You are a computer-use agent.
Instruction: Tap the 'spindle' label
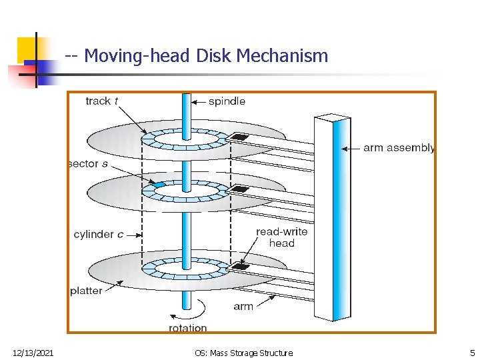227,101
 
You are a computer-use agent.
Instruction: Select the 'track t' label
102,101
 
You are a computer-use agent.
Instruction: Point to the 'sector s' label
88,163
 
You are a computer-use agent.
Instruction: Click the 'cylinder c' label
99,235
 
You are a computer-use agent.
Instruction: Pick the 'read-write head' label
281,237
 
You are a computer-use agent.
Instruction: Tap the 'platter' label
87,291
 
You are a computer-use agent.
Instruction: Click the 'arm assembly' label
399,148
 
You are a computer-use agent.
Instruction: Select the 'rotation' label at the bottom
188,327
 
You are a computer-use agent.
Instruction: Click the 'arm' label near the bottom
243,307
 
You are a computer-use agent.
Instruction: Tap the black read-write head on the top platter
239,137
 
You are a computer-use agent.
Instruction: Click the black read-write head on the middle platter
239,189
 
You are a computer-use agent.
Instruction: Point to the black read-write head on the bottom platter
239,267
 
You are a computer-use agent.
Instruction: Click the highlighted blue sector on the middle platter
159,183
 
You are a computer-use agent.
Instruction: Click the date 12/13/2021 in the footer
33,352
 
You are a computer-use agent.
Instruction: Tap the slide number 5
472,352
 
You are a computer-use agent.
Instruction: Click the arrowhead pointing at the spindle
195,102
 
